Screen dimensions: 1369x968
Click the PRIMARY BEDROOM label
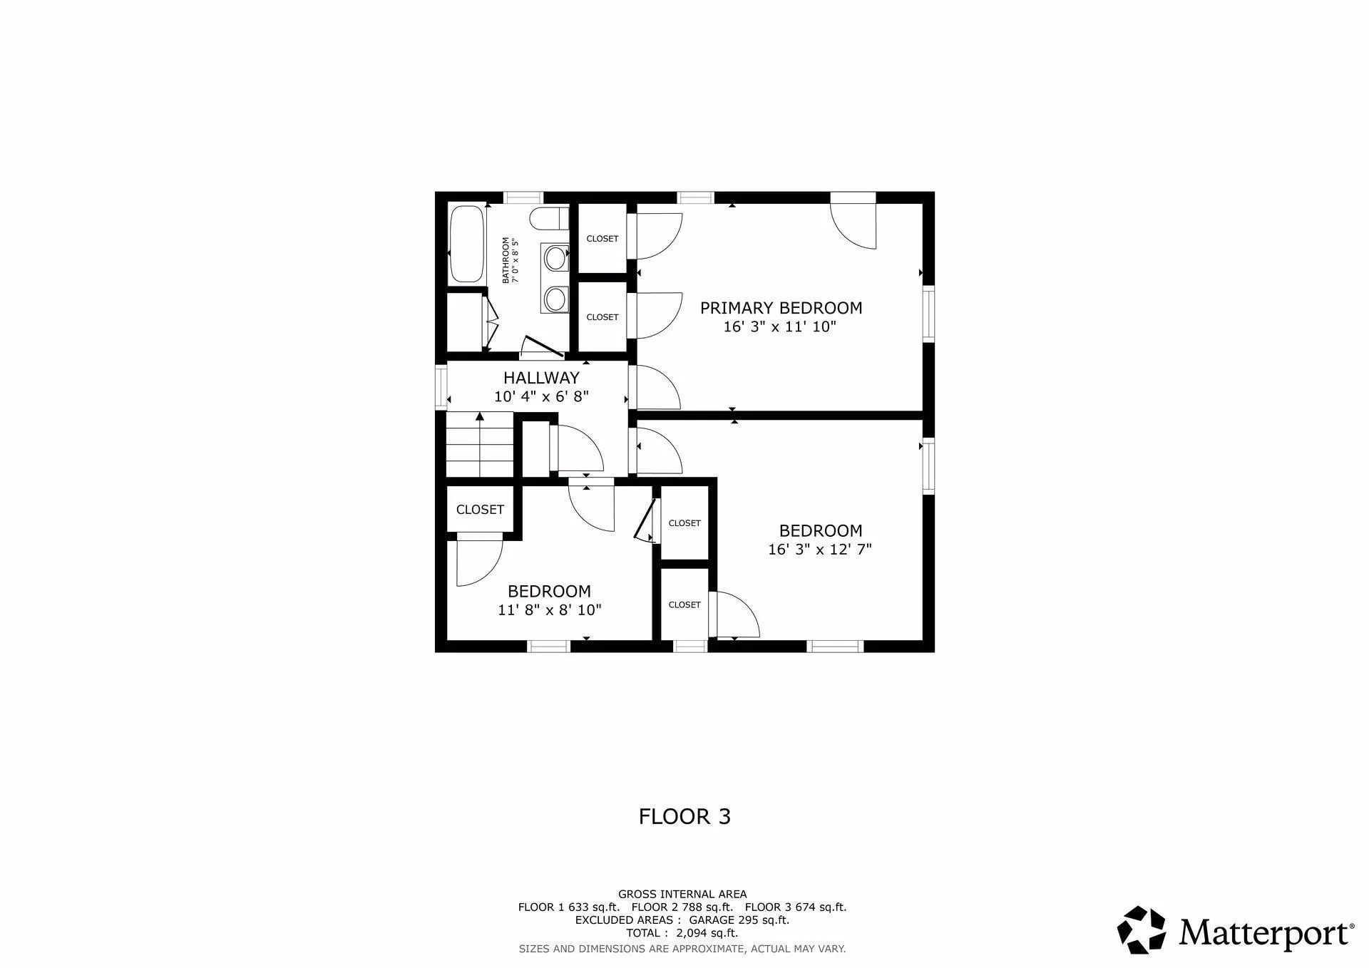tap(781, 308)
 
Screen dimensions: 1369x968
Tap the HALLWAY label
tap(541, 378)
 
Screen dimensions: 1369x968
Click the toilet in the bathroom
tap(549, 219)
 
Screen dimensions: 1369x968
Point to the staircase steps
tap(480, 447)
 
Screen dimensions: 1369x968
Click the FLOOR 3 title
tap(684, 816)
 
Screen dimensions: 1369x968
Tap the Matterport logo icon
tap(1141, 930)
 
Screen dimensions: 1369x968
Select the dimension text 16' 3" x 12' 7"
tap(820, 550)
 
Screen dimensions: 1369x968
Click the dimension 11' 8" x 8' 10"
tap(550, 610)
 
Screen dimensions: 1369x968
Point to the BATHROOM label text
tap(506, 260)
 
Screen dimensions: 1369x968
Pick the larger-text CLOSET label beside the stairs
tap(480, 510)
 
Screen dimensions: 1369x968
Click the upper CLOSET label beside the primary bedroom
tap(603, 239)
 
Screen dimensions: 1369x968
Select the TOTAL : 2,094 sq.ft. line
tap(682, 933)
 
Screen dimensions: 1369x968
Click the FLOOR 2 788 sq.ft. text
tap(682, 907)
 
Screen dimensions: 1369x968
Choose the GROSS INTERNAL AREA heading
tap(682, 894)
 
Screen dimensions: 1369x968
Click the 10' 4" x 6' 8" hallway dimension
tap(541, 396)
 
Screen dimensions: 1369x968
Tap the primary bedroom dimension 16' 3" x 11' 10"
tap(779, 326)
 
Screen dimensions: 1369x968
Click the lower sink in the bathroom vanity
tap(554, 299)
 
